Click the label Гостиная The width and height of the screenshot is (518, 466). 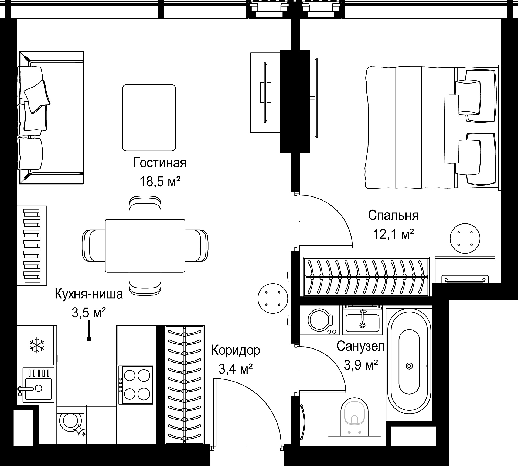click(x=160, y=163)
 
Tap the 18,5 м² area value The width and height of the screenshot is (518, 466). click(x=160, y=182)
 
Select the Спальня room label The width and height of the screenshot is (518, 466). click(x=393, y=216)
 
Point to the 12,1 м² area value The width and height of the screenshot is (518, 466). click(x=393, y=234)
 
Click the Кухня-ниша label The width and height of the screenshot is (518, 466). click(x=89, y=294)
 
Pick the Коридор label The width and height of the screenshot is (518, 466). click(x=236, y=350)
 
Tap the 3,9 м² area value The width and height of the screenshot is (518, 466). click(x=361, y=365)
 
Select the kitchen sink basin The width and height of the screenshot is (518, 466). click(x=38, y=389)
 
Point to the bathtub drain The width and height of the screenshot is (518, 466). click(x=409, y=366)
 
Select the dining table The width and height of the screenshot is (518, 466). click(x=145, y=246)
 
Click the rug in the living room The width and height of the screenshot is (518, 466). click(x=149, y=118)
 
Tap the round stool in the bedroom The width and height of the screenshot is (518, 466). click(x=465, y=239)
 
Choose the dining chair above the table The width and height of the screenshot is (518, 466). click(x=145, y=208)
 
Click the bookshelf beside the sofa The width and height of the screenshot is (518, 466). click(x=32, y=246)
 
